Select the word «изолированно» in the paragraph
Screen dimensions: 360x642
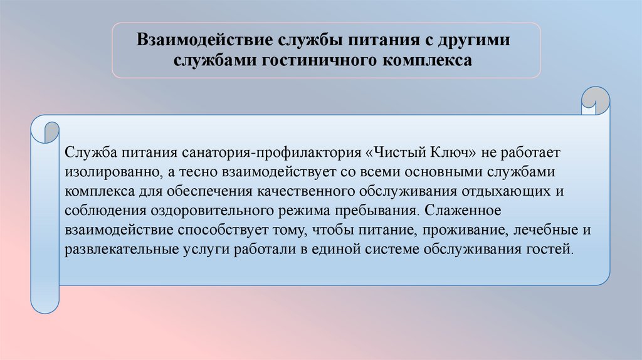tap(105, 172)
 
